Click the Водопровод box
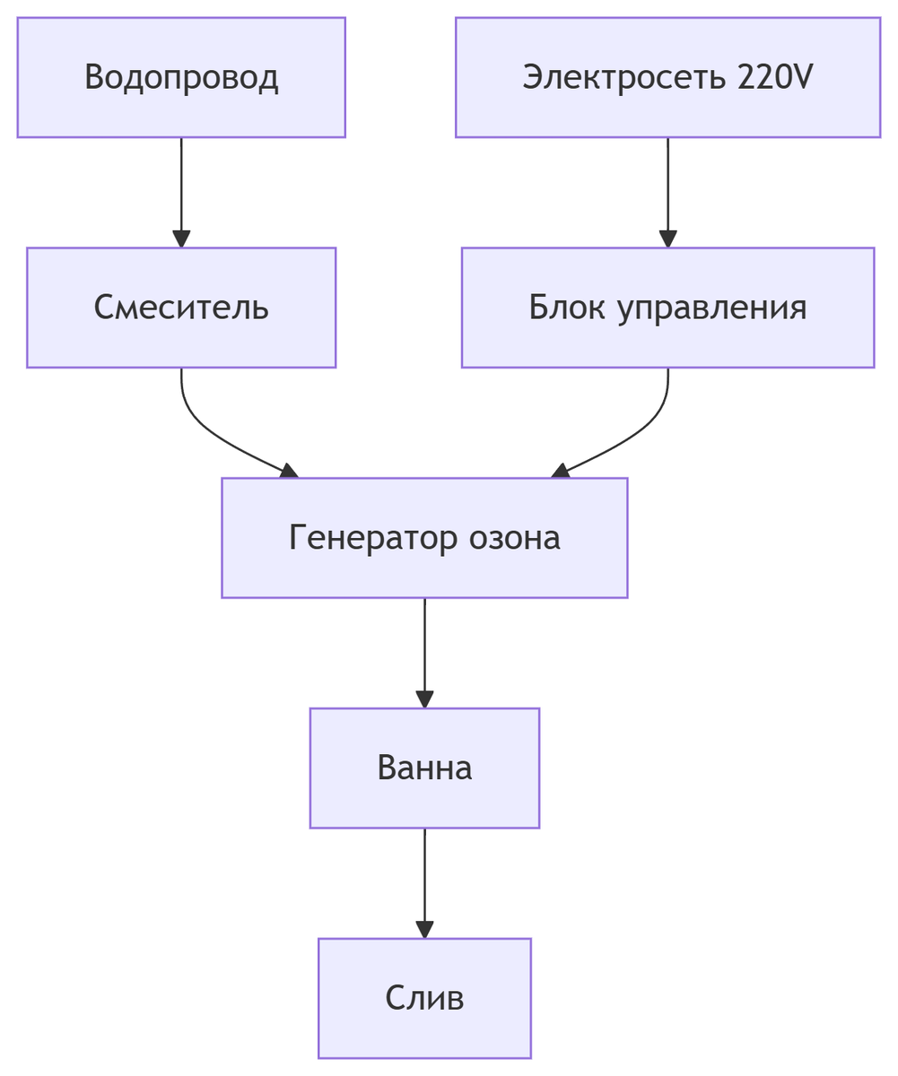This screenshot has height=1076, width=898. coord(181,77)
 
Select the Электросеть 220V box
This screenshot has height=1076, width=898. coord(667,77)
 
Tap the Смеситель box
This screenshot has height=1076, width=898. coord(181,308)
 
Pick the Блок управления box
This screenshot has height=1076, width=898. coord(667,308)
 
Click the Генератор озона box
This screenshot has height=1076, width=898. coord(424,538)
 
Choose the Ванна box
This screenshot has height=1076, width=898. coord(424,768)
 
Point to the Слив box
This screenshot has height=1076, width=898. coord(424,999)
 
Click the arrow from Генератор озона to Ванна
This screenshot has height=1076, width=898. coord(424,650)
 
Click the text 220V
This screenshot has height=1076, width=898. coord(774,77)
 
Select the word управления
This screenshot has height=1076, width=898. coord(712,308)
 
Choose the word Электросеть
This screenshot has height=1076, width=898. coord(625,77)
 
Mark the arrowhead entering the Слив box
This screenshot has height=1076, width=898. coord(424,929)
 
